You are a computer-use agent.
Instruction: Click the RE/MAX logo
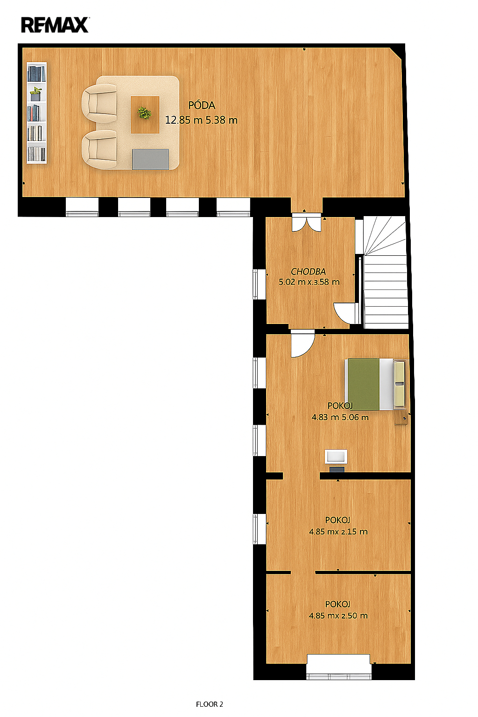click(x=55, y=25)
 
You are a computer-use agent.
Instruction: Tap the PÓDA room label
click(x=201, y=105)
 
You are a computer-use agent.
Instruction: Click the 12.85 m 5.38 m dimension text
click(x=201, y=120)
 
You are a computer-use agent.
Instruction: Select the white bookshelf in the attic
click(x=36, y=112)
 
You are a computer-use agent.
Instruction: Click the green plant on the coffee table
click(x=144, y=113)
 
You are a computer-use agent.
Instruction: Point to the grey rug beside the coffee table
click(x=150, y=159)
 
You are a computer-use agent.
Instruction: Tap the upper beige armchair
click(x=99, y=103)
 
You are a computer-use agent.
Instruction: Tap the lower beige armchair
click(x=99, y=149)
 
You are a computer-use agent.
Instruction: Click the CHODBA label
click(x=308, y=271)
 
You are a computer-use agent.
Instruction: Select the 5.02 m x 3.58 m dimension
click(x=309, y=282)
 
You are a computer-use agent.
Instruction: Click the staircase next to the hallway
click(x=385, y=273)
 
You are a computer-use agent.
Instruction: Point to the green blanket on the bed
click(x=364, y=384)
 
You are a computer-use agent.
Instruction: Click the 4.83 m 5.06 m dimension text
click(x=340, y=417)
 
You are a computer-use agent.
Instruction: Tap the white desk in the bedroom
click(x=336, y=457)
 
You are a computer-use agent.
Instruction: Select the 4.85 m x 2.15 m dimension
click(x=338, y=532)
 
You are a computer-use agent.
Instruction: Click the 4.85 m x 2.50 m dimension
click(x=338, y=616)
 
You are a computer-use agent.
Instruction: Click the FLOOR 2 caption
click(x=210, y=704)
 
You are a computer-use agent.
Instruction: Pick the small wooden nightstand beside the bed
click(x=401, y=418)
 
